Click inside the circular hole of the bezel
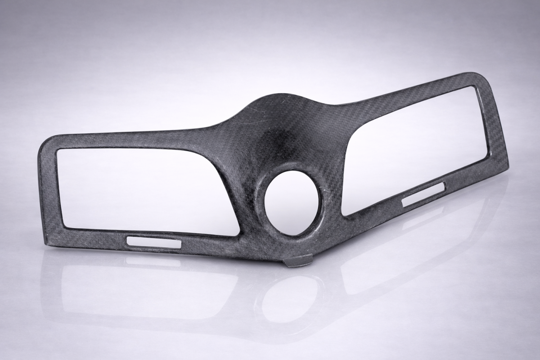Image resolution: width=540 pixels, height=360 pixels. click(x=292, y=202)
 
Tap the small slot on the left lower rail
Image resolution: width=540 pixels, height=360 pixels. click(x=154, y=243)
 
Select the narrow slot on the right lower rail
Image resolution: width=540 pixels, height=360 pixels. click(x=423, y=194)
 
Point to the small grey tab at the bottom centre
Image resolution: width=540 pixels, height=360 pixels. click(x=298, y=261)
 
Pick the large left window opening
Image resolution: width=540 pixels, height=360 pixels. click(x=144, y=189)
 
